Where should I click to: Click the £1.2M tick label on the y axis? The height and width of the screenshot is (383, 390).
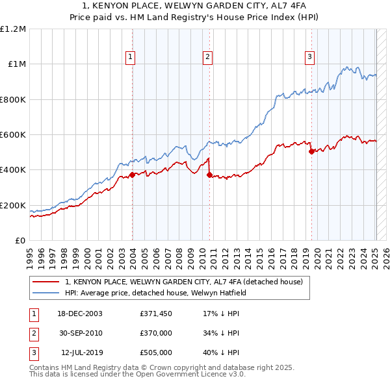click(13, 29)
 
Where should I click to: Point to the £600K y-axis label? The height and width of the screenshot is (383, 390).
click(13, 134)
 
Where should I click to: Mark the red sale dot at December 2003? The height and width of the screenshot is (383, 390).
click(132, 175)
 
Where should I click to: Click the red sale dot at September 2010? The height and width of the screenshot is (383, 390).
click(209, 175)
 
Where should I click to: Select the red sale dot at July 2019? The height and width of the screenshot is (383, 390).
click(311, 151)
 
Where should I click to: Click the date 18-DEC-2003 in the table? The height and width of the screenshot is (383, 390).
click(80, 313)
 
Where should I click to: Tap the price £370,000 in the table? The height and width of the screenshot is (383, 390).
click(155, 333)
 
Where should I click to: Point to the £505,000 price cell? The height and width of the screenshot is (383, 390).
click(155, 352)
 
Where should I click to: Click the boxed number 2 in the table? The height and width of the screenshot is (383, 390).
click(32, 333)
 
